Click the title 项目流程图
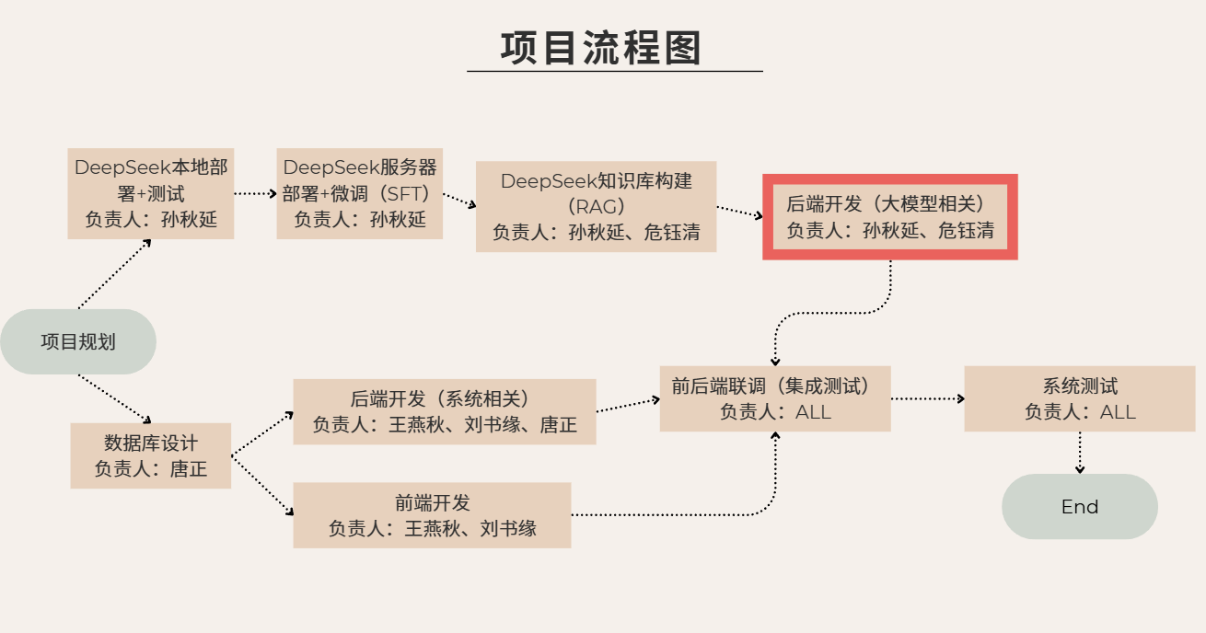click(601, 48)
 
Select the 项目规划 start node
click(78, 341)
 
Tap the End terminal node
click(1079, 506)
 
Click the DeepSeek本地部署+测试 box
click(151, 193)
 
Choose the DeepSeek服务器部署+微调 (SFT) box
click(359, 193)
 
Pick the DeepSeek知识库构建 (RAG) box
click(596, 206)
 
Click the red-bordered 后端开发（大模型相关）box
click(889, 217)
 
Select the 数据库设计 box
click(151, 455)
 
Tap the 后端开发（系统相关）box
click(444, 411)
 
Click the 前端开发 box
click(432, 515)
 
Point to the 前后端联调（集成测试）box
click(775, 398)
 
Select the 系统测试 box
click(1080, 398)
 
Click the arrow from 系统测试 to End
click(1080, 453)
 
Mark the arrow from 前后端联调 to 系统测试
click(927, 399)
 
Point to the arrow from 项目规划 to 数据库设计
click(114, 398)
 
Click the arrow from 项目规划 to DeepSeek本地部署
click(114, 274)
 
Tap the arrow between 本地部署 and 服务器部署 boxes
click(255, 194)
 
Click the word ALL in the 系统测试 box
click(1118, 412)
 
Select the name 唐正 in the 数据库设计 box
click(189, 469)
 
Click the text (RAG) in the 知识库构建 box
click(596, 206)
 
